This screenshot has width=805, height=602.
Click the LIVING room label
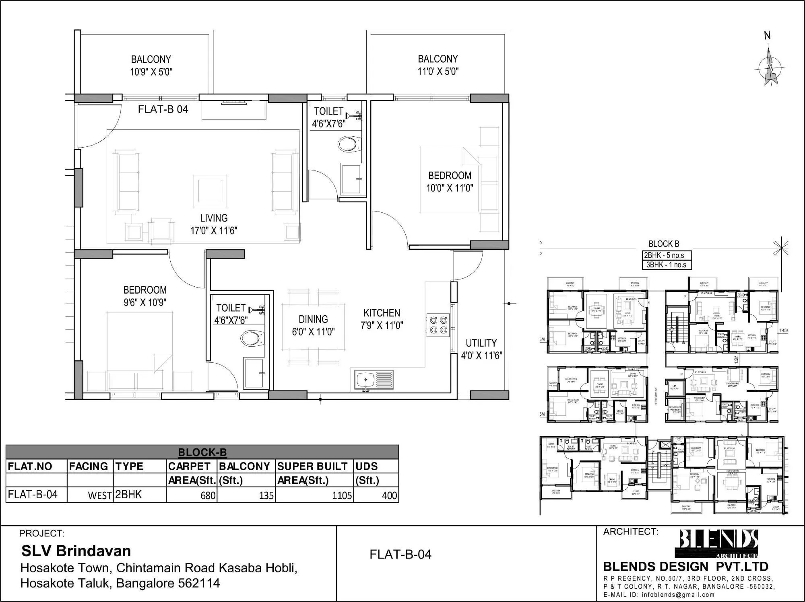click(x=214, y=218)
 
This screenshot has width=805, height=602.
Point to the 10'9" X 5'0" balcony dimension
click(x=151, y=72)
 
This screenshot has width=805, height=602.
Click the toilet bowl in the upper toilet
click(x=349, y=144)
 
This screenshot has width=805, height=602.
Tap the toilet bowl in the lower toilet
click(x=252, y=339)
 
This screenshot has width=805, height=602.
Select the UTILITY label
click(x=481, y=343)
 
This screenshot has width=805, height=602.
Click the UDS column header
click(x=367, y=466)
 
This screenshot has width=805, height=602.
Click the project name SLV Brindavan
click(x=76, y=551)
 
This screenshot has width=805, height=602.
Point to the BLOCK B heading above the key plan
click(x=664, y=244)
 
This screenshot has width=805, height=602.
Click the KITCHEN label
click(x=382, y=313)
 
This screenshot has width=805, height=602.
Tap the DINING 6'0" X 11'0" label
click(x=313, y=325)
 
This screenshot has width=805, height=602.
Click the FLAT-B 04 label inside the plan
click(x=163, y=109)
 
